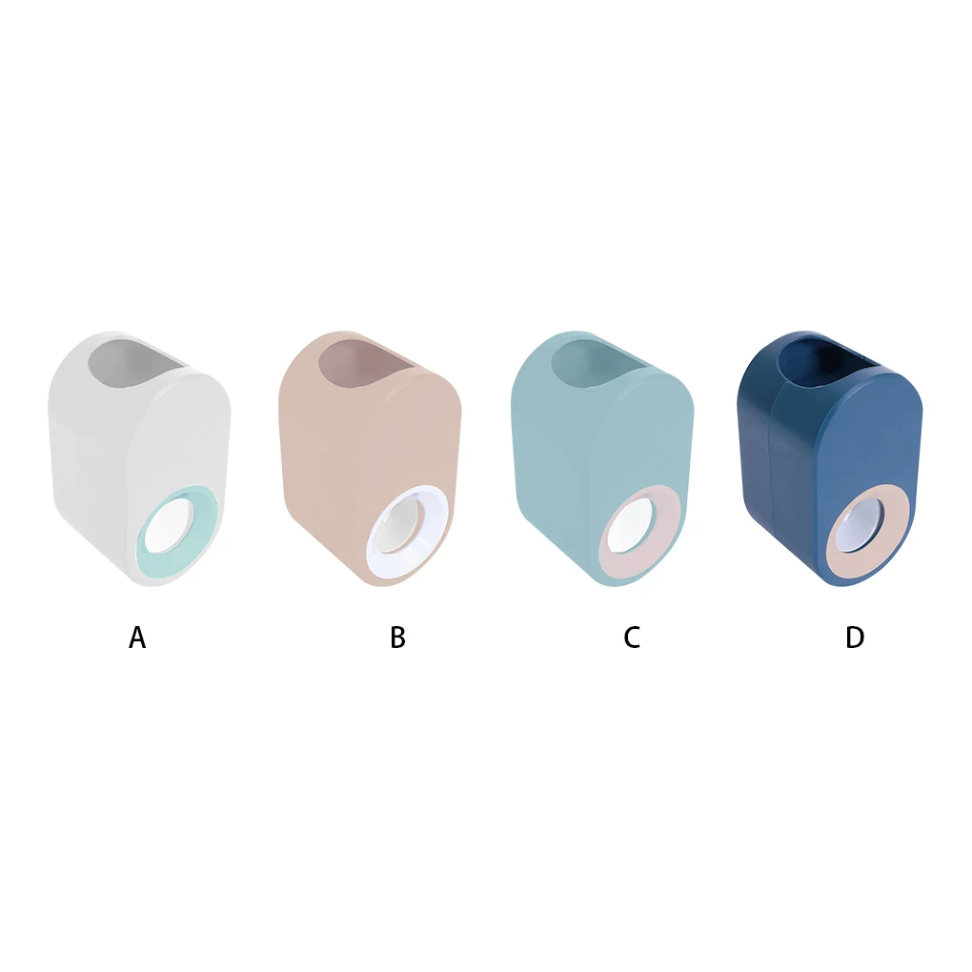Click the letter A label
[137, 638]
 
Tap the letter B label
[397, 638]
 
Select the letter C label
[631, 638]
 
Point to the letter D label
[855, 638]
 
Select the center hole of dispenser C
[636, 526]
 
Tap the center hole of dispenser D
[863, 527]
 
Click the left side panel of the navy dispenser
[759, 457]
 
